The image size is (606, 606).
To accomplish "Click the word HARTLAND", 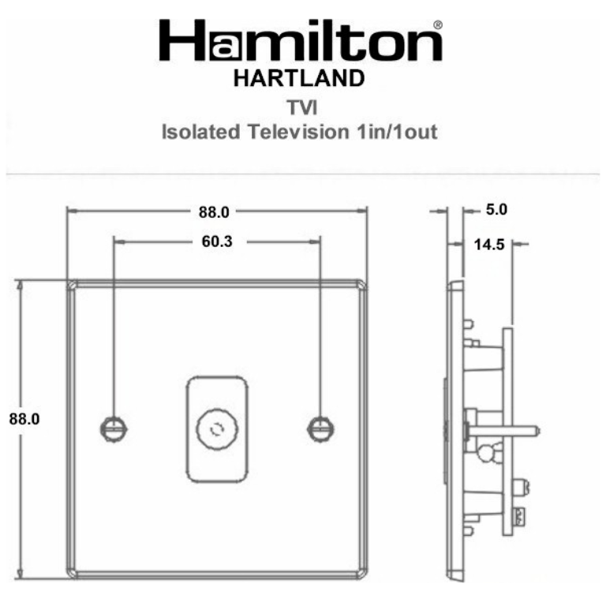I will [x=300, y=79].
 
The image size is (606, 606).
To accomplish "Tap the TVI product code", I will [x=300, y=106].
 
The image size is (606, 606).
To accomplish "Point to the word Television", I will [x=298, y=132].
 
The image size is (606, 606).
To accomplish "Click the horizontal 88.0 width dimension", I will [x=213, y=211].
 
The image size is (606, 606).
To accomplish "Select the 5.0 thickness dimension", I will [x=497, y=211].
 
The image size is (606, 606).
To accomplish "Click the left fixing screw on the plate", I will [x=111, y=428].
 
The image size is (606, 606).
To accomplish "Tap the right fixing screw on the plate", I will [x=319, y=428].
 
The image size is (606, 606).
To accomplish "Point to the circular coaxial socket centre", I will [x=215, y=428].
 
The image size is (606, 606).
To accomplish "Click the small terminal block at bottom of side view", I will [x=520, y=518].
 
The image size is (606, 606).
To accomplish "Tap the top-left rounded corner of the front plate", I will [x=72, y=285].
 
